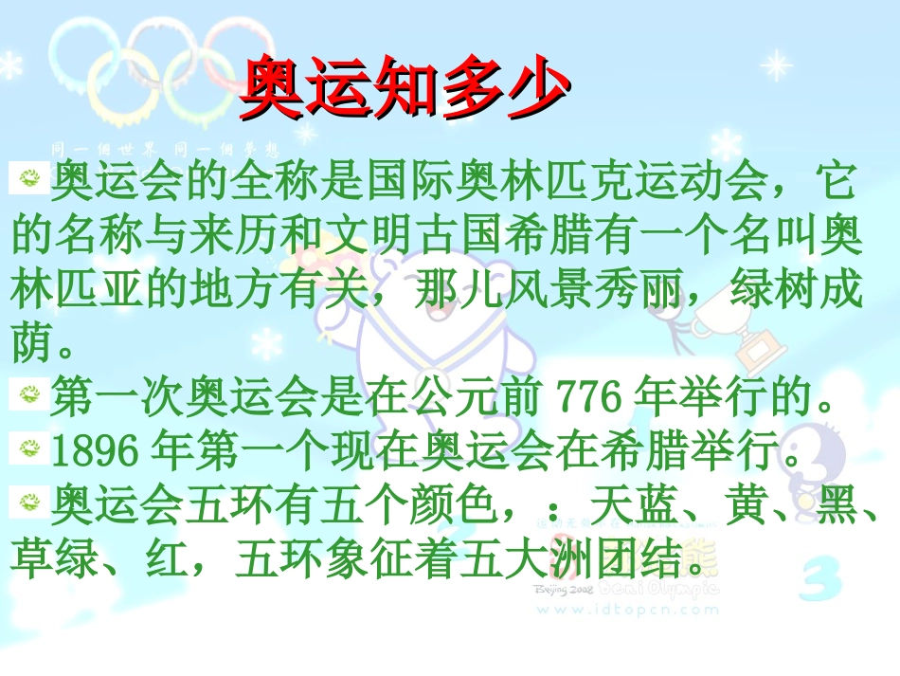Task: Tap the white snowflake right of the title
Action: [x=776, y=65]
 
